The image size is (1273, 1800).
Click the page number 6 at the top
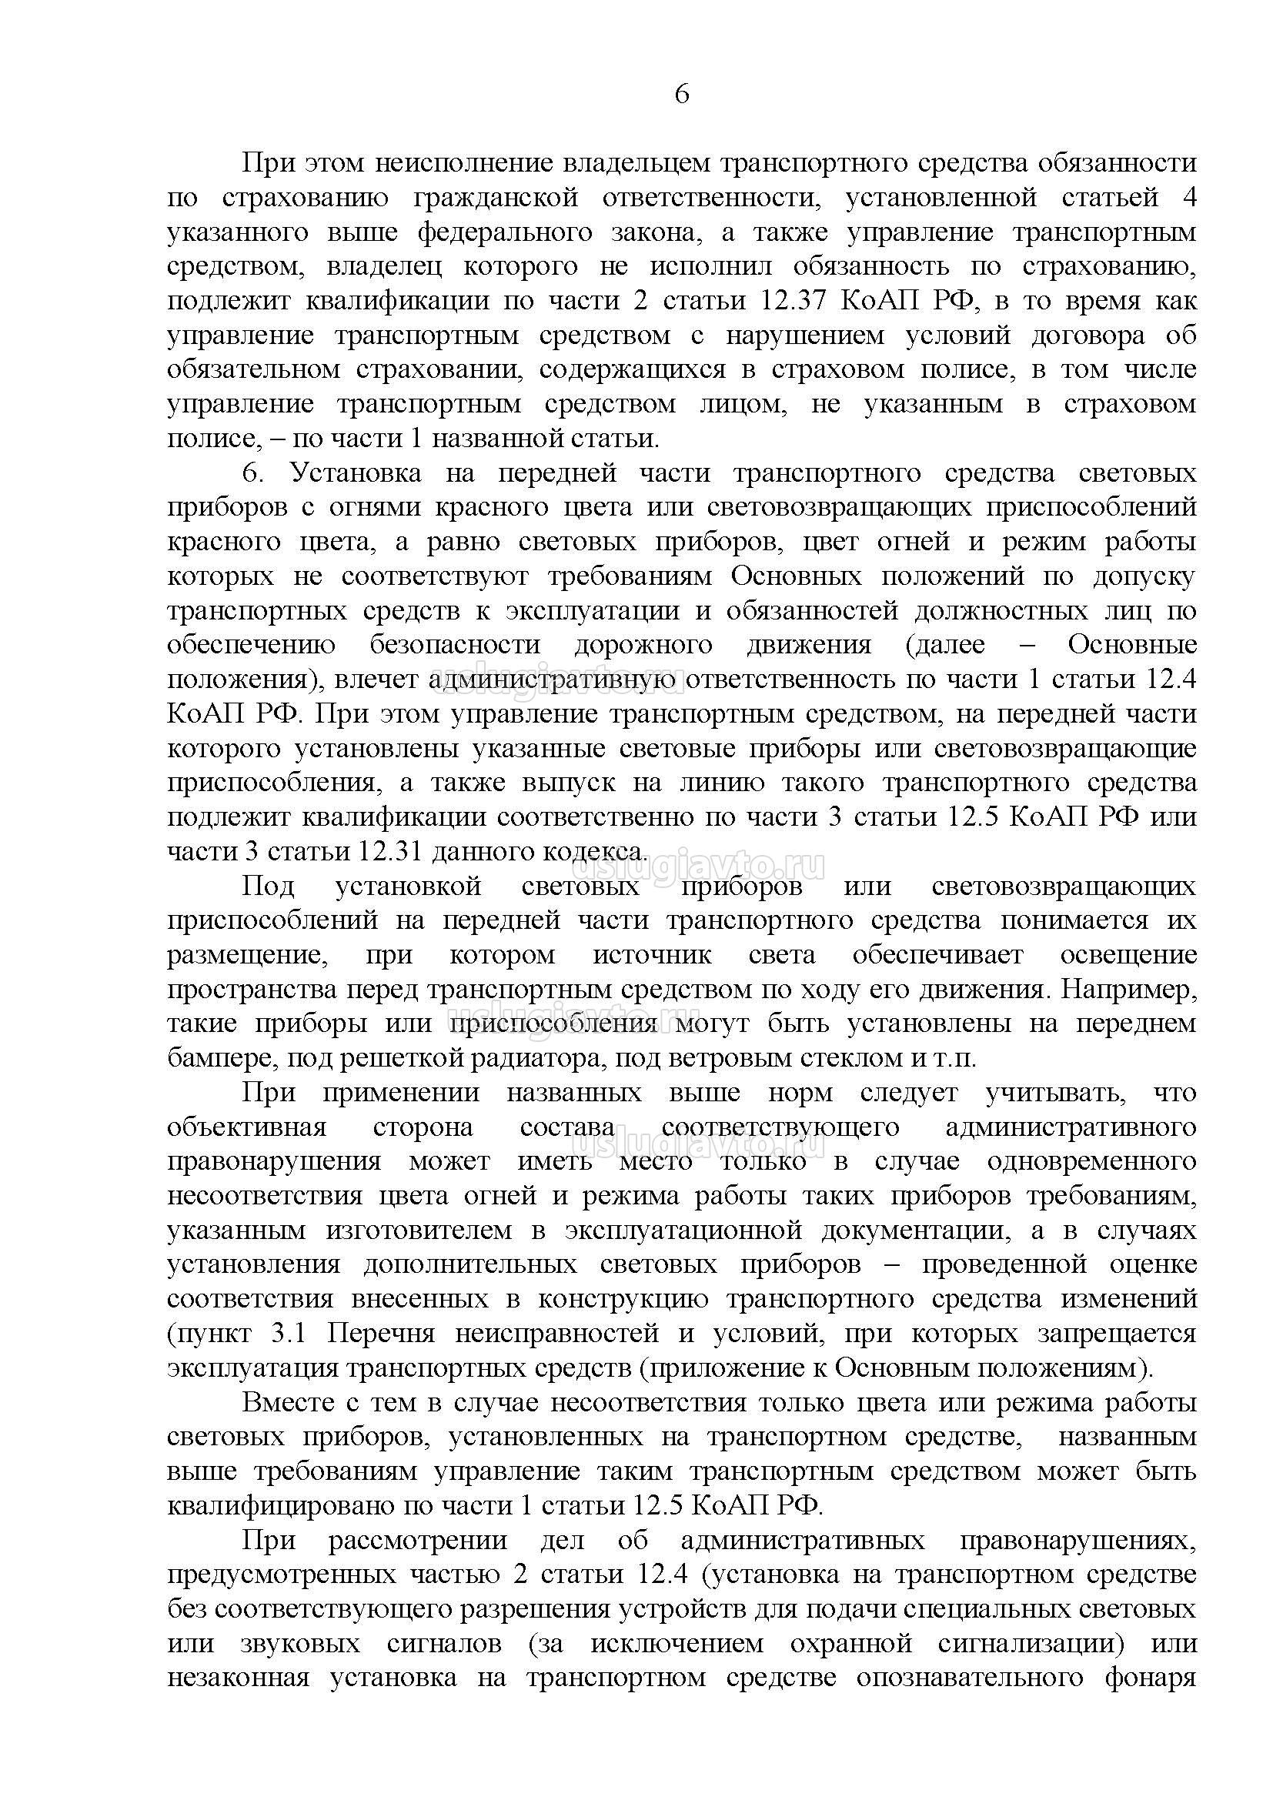pyautogui.click(x=681, y=94)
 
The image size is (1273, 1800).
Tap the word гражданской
pyautogui.click(x=496, y=198)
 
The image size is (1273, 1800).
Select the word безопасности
pyautogui.click(x=455, y=645)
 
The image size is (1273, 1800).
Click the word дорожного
pyautogui.click(x=643, y=645)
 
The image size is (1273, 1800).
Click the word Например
pyautogui.click(x=1128, y=990)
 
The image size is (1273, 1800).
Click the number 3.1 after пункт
pyautogui.click(x=296, y=1333)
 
